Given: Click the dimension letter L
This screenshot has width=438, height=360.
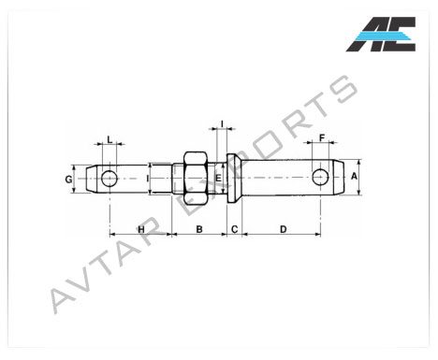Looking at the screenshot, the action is click(109, 139).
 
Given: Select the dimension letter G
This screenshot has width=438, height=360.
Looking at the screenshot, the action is click(68, 180).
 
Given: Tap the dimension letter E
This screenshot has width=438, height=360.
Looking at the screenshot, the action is click(218, 179).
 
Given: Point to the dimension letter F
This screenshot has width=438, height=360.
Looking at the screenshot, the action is click(322, 137).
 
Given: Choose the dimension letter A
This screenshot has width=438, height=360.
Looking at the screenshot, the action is click(354, 177).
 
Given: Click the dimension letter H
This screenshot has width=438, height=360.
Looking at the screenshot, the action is click(141, 230).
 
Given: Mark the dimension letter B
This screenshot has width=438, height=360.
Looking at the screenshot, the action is click(199, 230).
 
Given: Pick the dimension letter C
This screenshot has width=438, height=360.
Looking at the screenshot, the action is click(234, 230).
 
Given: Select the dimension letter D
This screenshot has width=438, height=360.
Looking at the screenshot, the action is click(283, 230).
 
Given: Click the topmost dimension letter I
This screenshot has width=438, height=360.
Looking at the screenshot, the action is click(222, 124).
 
